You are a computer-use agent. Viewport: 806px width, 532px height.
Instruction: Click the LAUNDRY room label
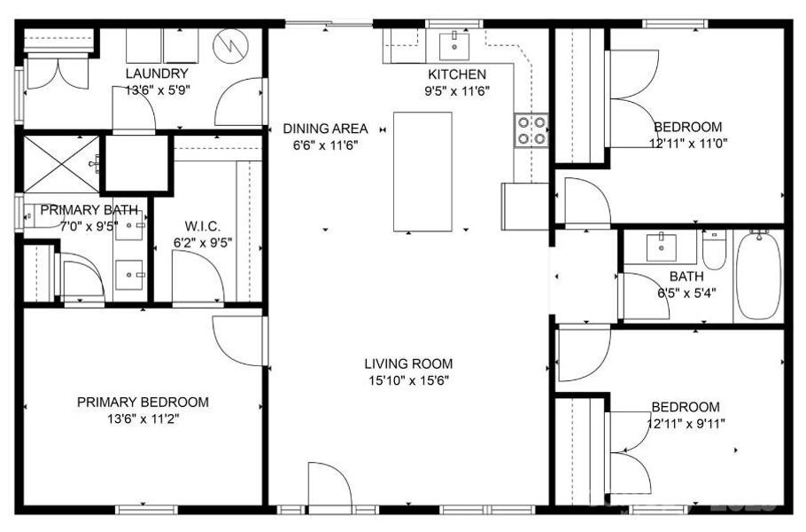156,74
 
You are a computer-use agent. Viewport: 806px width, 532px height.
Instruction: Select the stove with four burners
531,130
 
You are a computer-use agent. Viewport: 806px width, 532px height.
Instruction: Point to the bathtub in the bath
758,275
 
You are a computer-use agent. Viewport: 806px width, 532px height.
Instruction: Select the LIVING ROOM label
408,364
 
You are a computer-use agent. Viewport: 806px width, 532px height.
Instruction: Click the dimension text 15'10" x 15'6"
408,380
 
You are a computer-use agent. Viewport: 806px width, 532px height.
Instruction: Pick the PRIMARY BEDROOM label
143,403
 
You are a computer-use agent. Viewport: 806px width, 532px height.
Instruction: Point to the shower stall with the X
60,163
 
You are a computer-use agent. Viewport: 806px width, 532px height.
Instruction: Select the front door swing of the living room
329,487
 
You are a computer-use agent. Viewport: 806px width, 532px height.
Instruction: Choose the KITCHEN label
457,74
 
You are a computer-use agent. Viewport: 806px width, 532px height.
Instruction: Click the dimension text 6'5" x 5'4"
686,293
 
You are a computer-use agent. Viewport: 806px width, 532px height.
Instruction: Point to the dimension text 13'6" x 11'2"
143,419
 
